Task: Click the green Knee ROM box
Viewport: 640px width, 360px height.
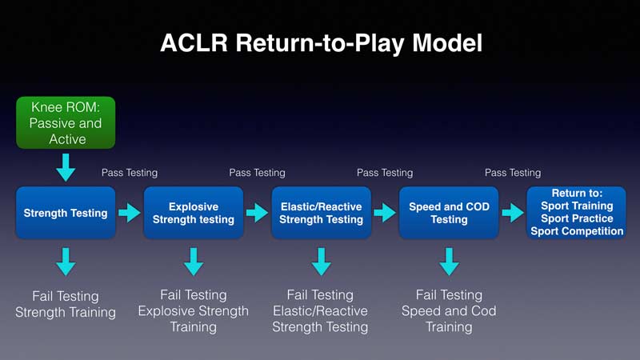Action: tap(66, 122)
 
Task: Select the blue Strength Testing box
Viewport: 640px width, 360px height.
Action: tap(66, 213)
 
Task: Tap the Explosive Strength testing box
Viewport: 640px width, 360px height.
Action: tap(194, 213)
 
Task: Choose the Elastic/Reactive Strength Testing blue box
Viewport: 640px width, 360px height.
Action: tap(322, 213)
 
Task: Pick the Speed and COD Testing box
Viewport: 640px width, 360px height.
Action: tap(449, 213)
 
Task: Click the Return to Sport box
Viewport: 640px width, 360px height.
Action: tap(576, 213)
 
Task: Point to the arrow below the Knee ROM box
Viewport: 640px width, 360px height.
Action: tap(66, 167)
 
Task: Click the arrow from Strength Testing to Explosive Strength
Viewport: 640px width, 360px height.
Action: tap(130, 213)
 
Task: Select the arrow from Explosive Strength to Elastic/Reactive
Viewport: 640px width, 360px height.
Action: tap(258, 213)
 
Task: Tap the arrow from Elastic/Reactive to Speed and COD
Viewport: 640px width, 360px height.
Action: tap(386, 213)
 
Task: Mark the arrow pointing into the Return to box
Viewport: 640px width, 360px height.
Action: tap(513, 213)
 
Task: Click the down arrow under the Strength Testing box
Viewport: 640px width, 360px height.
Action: tap(66, 262)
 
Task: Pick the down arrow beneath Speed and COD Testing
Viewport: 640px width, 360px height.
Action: tap(449, 262)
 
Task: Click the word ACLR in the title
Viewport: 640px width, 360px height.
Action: tap(194, 43)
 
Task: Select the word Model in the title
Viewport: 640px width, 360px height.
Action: tap(447, 43)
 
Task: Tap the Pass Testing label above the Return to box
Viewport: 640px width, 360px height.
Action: tap(513, 173)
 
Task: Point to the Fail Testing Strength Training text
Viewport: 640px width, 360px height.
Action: tap(66, 304)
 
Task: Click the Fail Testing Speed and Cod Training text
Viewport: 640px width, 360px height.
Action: tap(449, 311)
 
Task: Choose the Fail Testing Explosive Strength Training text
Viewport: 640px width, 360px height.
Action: tap(194, 311)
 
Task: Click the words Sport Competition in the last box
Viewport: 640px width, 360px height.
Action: tap(577, 231)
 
